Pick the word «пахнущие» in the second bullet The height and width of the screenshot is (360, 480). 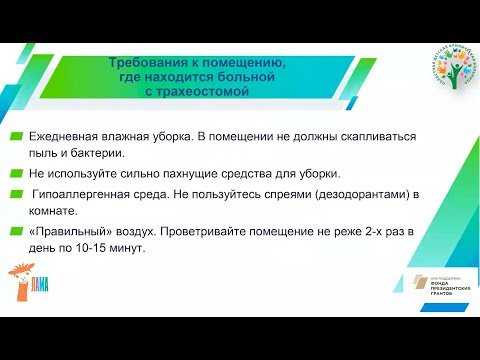(x=186, y=172)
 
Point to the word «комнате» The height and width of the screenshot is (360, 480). (x=53, y=210)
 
